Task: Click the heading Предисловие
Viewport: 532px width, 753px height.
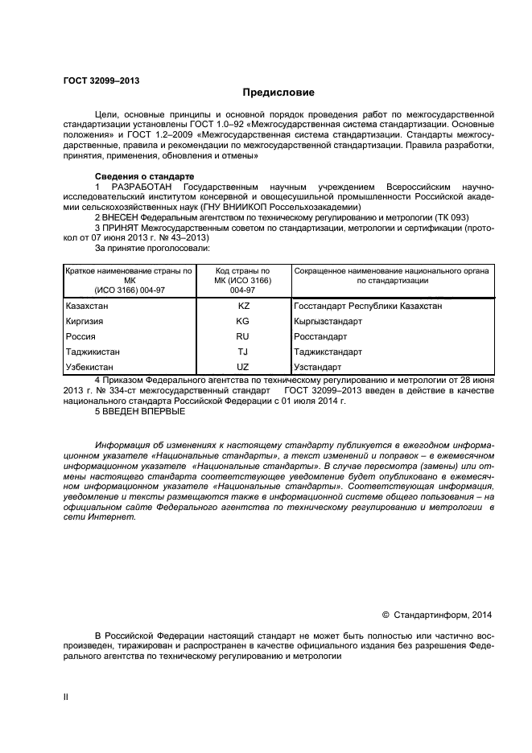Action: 278,93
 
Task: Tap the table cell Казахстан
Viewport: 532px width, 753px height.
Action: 87,306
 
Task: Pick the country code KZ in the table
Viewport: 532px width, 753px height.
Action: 244,306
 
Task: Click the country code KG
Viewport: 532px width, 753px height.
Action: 243,321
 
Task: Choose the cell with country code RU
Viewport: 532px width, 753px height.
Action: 243,336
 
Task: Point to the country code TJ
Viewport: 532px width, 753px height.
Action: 243,352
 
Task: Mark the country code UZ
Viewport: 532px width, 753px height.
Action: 243,367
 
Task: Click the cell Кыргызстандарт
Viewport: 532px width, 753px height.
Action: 328,321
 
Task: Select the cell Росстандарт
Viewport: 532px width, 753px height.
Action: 321,336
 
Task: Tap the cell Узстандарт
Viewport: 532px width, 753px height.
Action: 318,367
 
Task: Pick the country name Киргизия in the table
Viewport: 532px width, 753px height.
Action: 85,321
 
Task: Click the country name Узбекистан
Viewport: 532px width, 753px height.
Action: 89,367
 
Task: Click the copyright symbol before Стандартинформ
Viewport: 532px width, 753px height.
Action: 386,615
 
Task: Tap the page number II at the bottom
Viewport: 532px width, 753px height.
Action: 66,697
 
